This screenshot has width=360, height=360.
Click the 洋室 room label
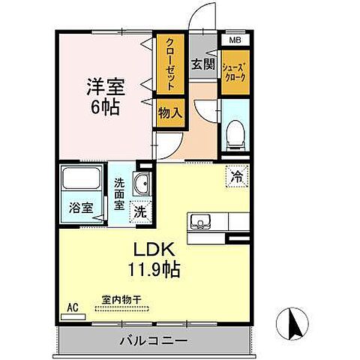pos(104,84)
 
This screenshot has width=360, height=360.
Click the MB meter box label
pos(234,40)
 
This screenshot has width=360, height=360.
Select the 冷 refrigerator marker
pos(237,177)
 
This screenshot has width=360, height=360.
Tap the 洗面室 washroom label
pos(120,192)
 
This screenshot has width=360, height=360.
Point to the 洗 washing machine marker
pos(139,212)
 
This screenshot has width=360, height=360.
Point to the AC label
pos(73,307)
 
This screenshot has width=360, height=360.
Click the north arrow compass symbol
pos(294,323)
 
